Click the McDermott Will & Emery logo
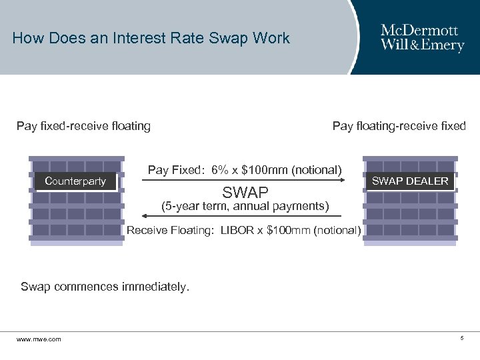pos(422,37)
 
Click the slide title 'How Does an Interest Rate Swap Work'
pos(151,38)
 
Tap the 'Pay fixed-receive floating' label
pos(83,125)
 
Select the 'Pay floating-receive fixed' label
pos(399,125)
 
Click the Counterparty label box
pos(75,181)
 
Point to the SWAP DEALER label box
pos(410,181)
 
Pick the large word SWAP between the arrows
pos(245,193)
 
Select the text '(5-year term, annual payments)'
pos(246,207)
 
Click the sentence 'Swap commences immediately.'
pos(105,287)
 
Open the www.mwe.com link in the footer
pos(39,339)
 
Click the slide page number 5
pos(461,339)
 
